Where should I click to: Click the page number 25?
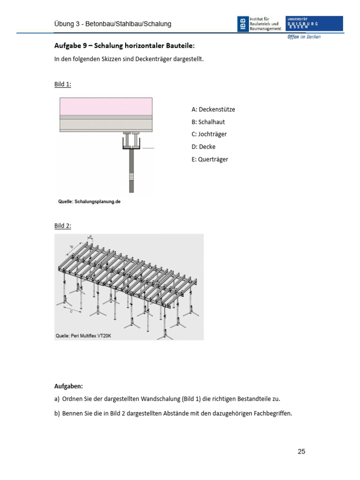pyautogui.click(x=301, y=451)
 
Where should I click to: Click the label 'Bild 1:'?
pyautogui.click(x=63, y=84)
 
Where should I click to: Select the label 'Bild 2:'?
pyautogui.click(x=63, y=225)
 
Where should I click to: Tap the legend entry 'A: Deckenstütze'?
pyautogui.click(x=213, y=109)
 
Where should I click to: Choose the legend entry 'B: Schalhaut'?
pyautogui.click(x=208, y=122)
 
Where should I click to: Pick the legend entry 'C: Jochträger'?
pyautogui.click(x=209, y=134)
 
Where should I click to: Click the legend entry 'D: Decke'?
pyautogui.click(x=203, y=147)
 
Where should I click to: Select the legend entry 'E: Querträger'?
pyautogui.click(x=210, y=159)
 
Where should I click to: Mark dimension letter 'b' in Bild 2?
pyautogui.click(x=72, y=246)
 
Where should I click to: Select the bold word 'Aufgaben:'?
pyautogui.click(x=68, y=386)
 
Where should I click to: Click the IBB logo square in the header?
pyautogui.click(x=243, y=24)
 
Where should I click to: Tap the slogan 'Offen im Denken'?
pyautogui.click(x=304, y=37)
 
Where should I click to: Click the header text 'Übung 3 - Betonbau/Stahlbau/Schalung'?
pyautogui.click(x=113, y=23)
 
